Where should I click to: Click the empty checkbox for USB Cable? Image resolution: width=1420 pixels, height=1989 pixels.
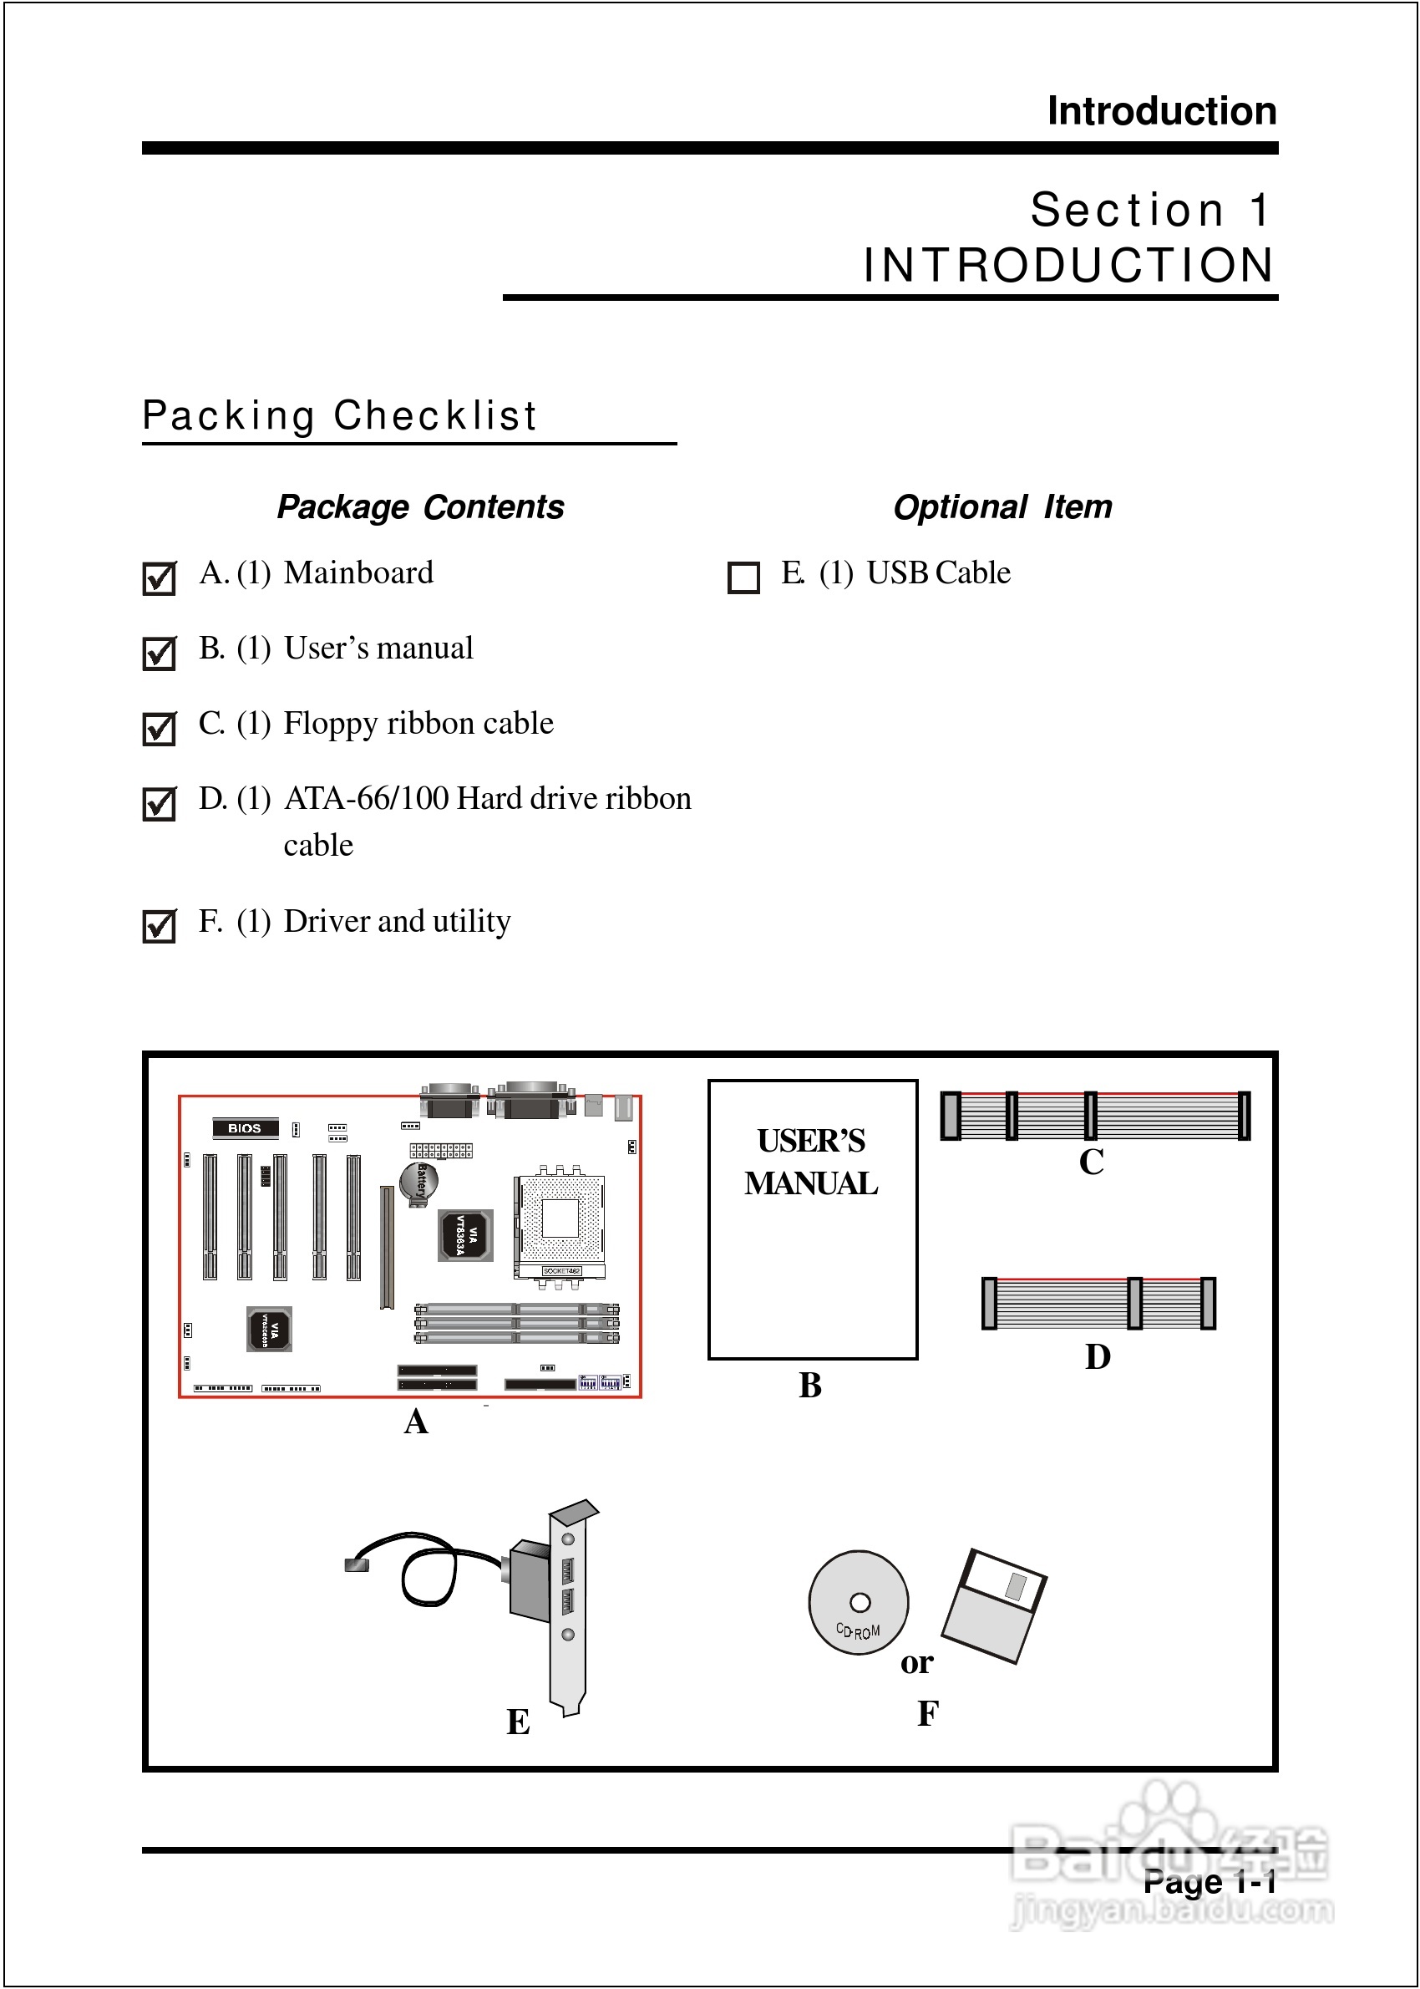pos(743,578)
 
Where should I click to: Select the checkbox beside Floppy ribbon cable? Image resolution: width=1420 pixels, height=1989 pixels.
pos(158,729)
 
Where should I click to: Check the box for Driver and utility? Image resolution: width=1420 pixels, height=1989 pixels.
pos(158,926)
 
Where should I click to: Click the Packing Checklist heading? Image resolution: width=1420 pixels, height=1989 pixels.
pos(339,415)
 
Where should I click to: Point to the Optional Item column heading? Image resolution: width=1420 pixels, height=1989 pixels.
pos(1002,507)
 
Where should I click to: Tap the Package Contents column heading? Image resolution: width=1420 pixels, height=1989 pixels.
pos(421,507)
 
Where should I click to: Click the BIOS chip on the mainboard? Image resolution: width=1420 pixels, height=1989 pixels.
pos(245,1128)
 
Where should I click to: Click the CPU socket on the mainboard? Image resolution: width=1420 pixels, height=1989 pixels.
pos(560,1219)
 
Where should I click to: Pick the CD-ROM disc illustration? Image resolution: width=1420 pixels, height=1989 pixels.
pos(858,1603)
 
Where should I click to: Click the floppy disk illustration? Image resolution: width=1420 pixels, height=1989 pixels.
pos(994,1606)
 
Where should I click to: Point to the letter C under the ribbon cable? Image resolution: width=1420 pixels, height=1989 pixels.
pos(1091,1162)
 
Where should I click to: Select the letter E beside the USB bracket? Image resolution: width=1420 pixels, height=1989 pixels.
pos(519,1722)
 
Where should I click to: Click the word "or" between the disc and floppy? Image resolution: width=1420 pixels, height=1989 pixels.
pos(917,1662)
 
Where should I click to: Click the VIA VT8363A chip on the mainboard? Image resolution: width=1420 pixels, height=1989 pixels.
pos(465,1235)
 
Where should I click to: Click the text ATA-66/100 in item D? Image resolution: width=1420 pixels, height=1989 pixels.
pos(367,799)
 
